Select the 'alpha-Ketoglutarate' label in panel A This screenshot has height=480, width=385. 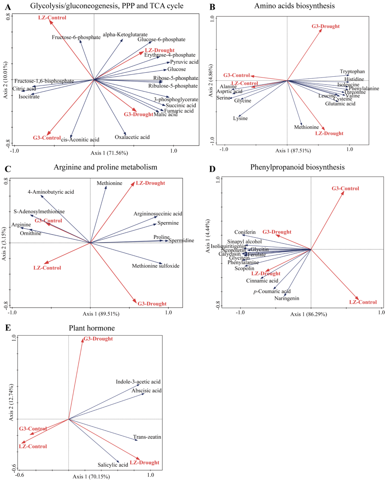(x=125, y=35)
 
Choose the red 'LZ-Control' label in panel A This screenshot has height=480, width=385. (x=52, y=17)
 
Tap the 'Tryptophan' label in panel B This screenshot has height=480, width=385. (x=352, y=72)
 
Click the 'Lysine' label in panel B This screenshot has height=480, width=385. (x=240, y=119)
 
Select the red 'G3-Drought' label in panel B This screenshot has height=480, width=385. (x=325, y=26)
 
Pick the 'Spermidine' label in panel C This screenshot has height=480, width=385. (x=181, y=241)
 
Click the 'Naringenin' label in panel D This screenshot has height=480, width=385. (x=286, y=299)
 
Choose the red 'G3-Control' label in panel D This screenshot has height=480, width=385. (x=345, y=189)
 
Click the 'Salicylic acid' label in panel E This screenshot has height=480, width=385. (x=113, y=464)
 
